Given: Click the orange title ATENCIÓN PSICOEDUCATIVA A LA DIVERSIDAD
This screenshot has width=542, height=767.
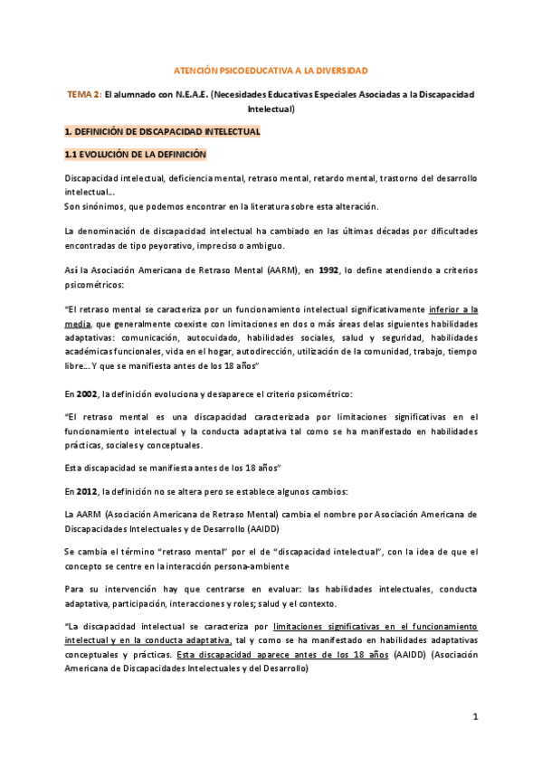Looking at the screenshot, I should coord(271,70).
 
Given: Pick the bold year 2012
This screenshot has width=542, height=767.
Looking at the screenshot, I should coord(86,491).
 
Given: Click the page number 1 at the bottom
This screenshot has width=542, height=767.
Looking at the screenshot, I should coord(474,716).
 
